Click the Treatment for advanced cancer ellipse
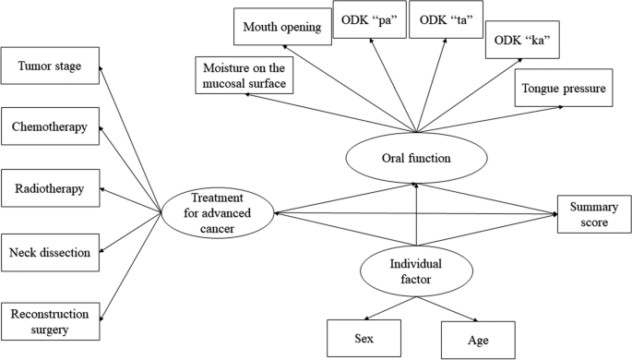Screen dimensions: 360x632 coord(218,214)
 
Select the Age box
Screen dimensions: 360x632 coord(477,339)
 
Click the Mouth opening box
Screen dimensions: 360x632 coord(282,27)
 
